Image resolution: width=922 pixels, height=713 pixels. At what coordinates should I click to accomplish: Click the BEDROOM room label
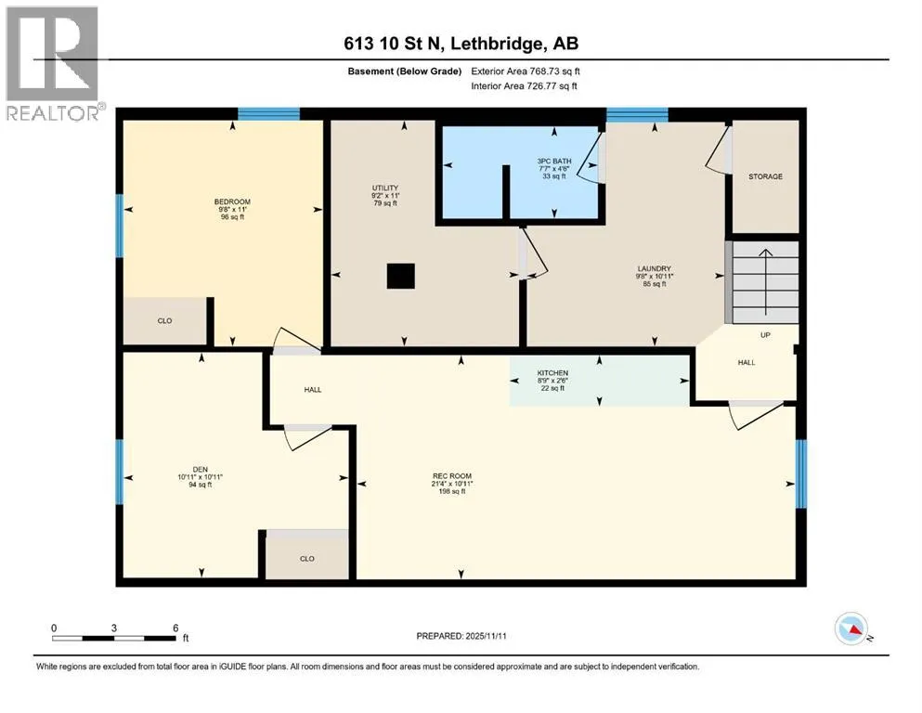coord(232,201)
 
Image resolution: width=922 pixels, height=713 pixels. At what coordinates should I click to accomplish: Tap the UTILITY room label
coord(385,188)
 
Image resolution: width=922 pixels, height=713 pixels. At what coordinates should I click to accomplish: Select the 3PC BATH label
coord(554,161)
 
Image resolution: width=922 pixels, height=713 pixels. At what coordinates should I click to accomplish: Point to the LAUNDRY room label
coord(654,268)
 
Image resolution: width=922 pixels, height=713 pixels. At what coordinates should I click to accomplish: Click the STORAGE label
coord(766,176)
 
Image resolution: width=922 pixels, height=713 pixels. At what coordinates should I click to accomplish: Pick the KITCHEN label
coord(552,373)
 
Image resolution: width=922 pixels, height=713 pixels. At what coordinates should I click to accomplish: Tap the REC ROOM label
coord(452,476)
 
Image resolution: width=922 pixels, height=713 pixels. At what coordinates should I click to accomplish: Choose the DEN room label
coord(201,470)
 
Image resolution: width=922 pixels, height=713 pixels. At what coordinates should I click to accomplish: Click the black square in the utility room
coord(401,277)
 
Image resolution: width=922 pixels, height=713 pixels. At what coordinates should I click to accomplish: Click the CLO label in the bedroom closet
coord(164,321)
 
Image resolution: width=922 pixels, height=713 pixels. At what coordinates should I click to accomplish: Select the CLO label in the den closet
coord(307,559)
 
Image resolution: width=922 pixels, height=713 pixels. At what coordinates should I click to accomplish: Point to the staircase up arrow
coord(766,282)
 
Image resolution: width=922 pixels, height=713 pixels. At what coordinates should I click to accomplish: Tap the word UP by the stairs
coord(765,335)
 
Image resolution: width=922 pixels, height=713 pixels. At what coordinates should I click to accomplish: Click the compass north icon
coord(851,629)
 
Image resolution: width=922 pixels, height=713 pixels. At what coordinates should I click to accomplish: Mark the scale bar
coord(114,638)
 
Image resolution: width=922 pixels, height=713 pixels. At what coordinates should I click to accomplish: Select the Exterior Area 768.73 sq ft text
coord(526,71)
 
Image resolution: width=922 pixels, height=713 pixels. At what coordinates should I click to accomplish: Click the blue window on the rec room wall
coord(801,473)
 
